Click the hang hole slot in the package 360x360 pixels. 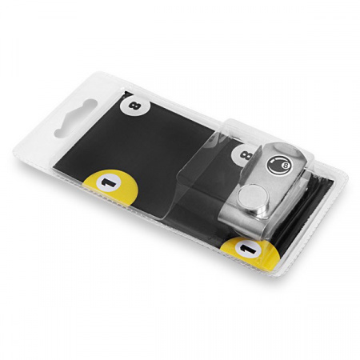coord(75,118)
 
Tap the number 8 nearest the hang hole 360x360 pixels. coord(134,106)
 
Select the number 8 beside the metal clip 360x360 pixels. coord(246,155)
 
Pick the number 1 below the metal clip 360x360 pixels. coord(247,249)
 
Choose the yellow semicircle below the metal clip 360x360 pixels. coord(250,252)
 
